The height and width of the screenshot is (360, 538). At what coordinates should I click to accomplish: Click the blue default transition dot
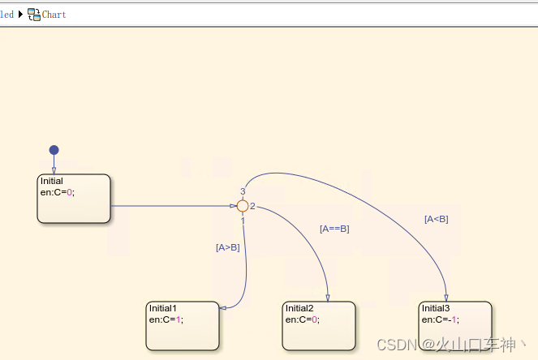tap(54, 150)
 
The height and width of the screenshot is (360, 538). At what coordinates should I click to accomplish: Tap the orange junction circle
tap(242, 206)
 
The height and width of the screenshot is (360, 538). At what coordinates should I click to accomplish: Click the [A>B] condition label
tap(227, 248)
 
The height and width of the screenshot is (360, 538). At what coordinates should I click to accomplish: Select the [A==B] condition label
tap(334, 229)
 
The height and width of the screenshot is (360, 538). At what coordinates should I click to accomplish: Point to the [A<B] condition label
tap(436, 219)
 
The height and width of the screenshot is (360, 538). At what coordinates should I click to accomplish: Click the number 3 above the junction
tap(243, 191)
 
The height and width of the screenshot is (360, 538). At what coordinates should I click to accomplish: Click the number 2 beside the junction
tap(252, 206)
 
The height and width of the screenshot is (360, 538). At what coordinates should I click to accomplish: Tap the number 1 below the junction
tap(242, 221)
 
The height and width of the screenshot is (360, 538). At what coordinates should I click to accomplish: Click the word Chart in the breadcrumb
tap(54, 14)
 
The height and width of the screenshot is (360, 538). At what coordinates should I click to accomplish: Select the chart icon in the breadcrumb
tap(33, 14)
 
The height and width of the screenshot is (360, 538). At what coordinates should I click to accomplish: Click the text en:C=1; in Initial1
tap(166, 319)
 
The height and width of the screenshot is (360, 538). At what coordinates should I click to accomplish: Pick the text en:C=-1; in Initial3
tap(441, 319)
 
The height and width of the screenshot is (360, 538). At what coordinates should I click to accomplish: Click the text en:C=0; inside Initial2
tap(302, 319)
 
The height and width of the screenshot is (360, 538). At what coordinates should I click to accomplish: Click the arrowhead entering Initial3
tap(446, 298)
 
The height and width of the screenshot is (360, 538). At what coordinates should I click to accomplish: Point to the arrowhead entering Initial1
tap(222, 307)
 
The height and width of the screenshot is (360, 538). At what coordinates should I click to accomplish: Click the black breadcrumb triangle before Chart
tap(20, 14)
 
